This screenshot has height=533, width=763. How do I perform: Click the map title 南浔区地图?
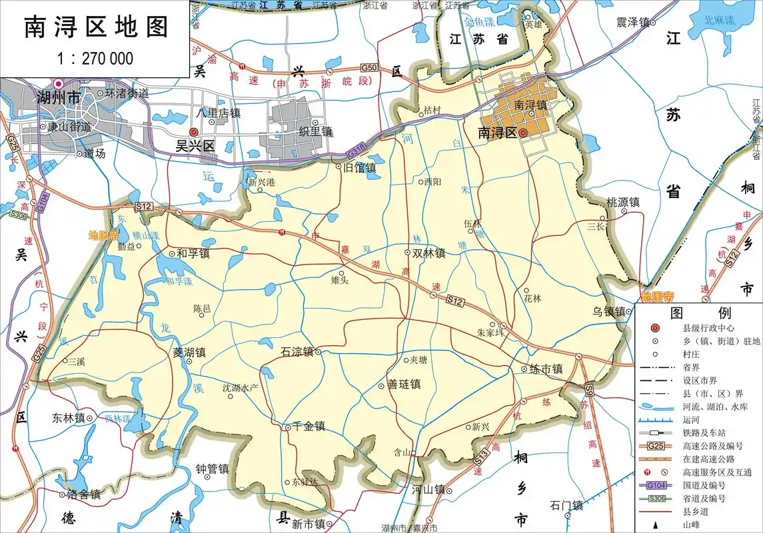96,27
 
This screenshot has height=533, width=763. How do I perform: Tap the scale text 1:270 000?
95,58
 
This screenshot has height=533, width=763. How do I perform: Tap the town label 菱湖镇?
189,352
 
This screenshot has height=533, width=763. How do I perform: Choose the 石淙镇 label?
297,352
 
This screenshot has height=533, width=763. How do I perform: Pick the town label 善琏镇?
404,384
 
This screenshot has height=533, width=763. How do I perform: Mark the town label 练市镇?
546,368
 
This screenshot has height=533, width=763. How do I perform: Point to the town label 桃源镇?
622,202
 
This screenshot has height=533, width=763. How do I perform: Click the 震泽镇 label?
632,23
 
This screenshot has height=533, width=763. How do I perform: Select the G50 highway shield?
369,68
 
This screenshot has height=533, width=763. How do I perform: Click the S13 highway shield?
481,458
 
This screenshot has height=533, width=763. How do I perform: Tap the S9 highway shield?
589,389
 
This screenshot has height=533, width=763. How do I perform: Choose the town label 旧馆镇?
359,168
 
